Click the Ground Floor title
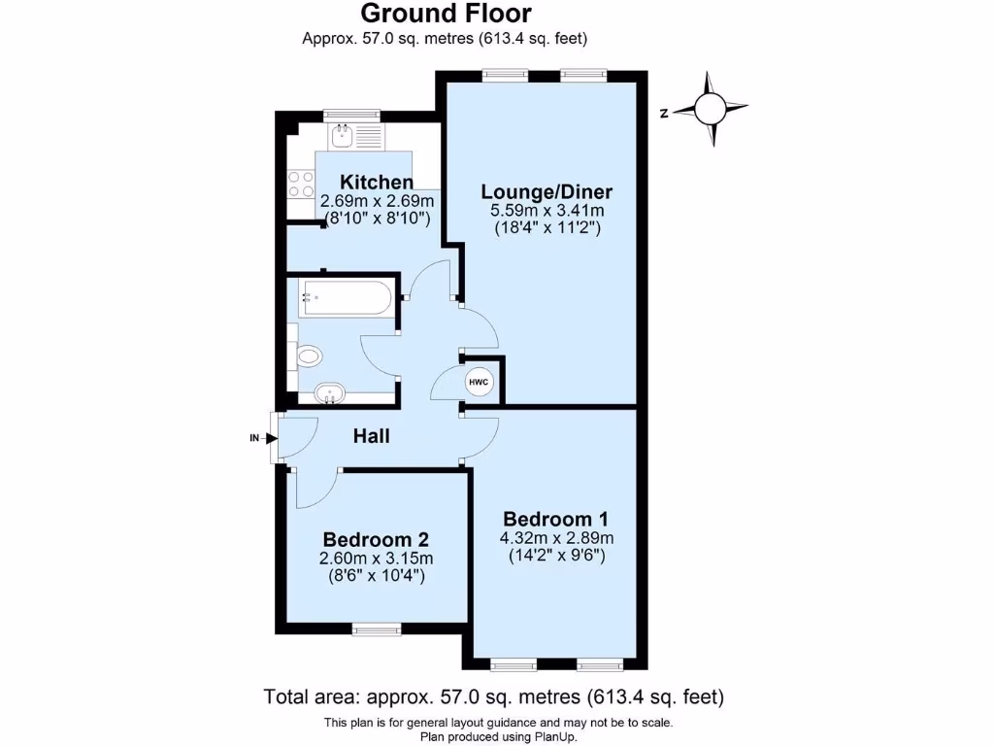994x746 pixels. pos(446,14)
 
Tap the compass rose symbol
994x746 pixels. pos(712,109)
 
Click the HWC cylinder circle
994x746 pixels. pos(479,383)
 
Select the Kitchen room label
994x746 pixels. pos(377,182)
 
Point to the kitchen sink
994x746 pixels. pos(344,137)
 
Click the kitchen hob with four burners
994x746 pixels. pos(301,184)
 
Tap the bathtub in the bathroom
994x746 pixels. pos(346,298)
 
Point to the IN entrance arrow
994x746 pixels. pos(260,438)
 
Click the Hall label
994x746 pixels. pos(371,437)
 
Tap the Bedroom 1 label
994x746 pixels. pos(554,519)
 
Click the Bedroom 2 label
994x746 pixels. pos(376,539)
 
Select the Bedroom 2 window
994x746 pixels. pos(376,629)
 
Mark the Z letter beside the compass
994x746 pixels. pos(664,113)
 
